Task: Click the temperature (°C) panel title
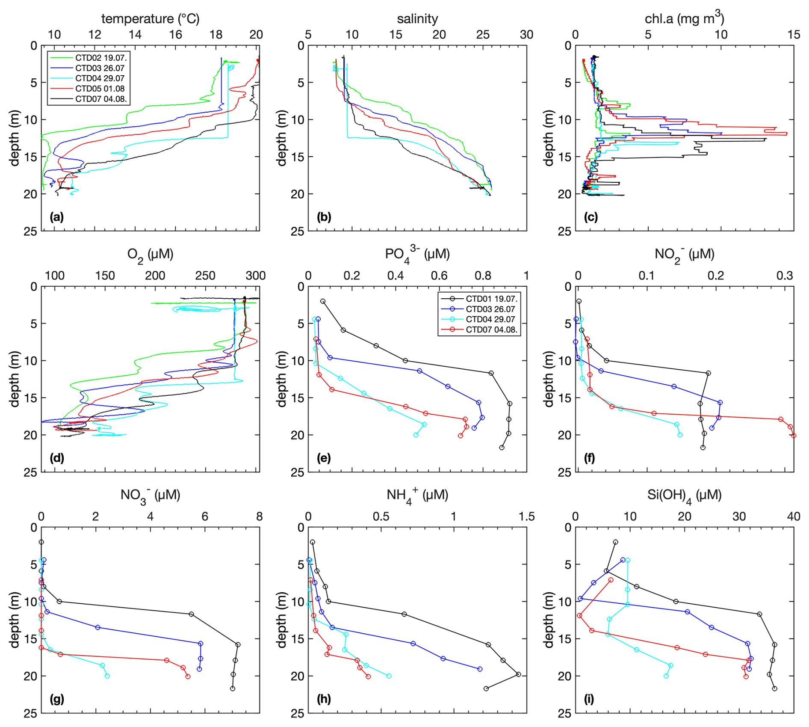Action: [150, 19]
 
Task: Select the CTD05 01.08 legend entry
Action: [100, 89]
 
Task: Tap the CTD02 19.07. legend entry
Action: [101, 58]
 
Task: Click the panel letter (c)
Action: [591, 217]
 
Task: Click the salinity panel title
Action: [417, 19]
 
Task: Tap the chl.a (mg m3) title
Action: [684, 18]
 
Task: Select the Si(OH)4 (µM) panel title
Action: [684, 496]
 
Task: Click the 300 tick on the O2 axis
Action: [256, 276]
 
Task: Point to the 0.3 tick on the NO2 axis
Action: [785, 276]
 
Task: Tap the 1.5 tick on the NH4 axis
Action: [526, 517]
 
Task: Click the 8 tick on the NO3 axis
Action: [259, 517]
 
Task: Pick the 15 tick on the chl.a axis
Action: [794, 35]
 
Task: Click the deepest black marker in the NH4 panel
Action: [486, 688]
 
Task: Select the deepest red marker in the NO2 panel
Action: [794, 436]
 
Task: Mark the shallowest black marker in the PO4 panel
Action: [323, 301]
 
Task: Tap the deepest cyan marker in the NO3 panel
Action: [107, 676]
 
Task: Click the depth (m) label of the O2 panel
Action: [15, 379]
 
